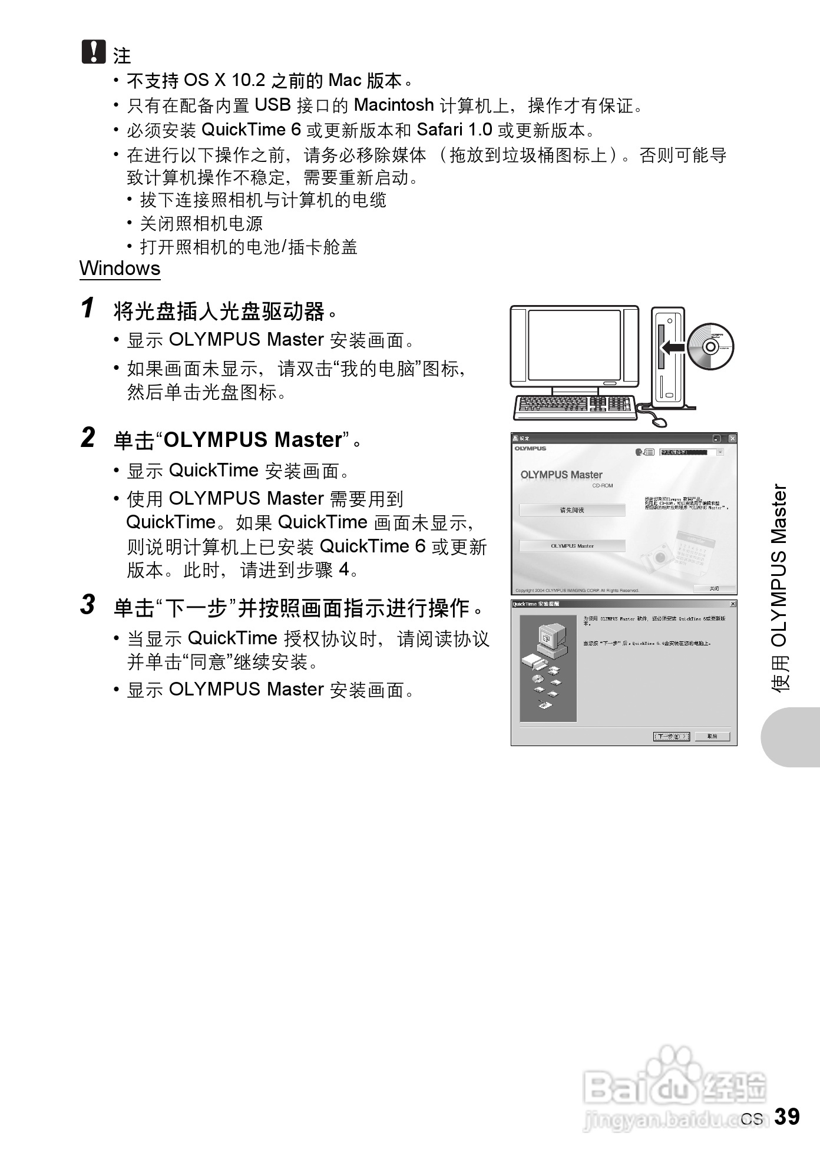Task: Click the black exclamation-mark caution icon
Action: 93,52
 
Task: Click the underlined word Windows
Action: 120,269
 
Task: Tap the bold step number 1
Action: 88,308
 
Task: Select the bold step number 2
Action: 88,438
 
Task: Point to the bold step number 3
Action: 88,605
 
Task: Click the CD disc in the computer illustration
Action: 710,346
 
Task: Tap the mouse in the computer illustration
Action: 660,422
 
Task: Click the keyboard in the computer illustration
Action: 574,406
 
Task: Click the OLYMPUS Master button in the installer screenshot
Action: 572,546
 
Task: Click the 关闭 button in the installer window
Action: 714,588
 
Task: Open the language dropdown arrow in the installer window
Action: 720,452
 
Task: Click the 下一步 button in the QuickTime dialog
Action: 671,736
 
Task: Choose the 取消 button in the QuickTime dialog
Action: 712,736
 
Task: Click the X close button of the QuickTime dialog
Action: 733,604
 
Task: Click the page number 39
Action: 787,1117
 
